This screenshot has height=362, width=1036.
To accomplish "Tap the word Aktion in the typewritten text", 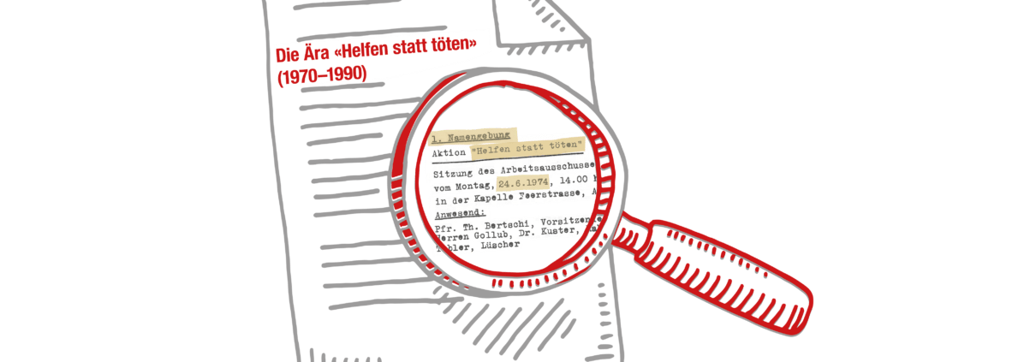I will [x=449, y=152].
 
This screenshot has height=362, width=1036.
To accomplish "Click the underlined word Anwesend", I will [x=461, y=212].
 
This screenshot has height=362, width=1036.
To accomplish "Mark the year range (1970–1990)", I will [x=322, y=74].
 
